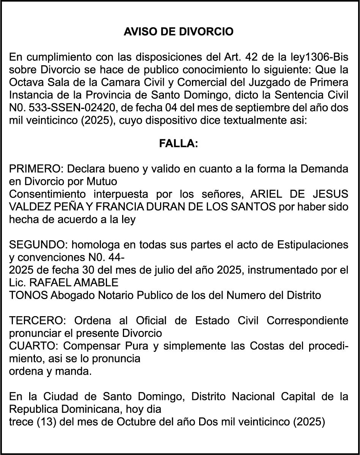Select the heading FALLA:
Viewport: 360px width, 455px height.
178,144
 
